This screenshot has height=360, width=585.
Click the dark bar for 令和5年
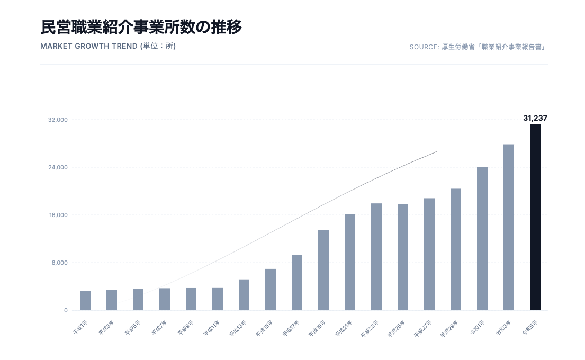point(535,217)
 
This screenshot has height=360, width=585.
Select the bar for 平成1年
point(85,300)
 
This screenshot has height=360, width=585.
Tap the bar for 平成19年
point(323,270)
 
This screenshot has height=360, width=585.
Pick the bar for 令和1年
point(482,238)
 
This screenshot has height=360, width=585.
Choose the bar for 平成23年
point(376,257)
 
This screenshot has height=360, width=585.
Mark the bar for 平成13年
point(244,294)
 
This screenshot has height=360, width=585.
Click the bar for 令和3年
point(508,227)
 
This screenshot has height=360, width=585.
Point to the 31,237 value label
point(535,118)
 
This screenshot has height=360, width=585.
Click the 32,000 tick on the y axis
point(58,120)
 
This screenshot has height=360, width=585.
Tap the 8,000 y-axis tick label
point(59,263)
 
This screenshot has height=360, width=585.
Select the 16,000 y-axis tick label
point(58,215)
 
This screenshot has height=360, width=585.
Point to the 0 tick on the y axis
point(66,311)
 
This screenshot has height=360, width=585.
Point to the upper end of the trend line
point(437,152)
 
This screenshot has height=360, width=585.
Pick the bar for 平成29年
point(455,249)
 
